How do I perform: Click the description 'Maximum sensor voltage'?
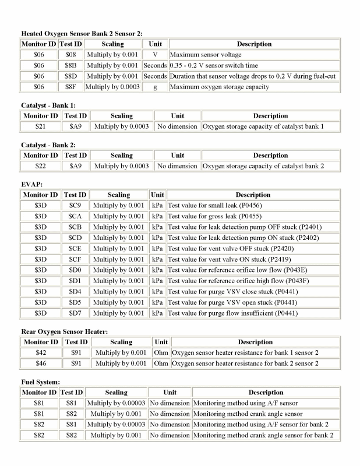tap(207, 55)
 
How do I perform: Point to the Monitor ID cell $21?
tap(40, 126)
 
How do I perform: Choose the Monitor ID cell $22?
tap(40, 166)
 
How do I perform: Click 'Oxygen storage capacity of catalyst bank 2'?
tap(263, 166)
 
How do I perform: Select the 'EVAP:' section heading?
tap(32, 184)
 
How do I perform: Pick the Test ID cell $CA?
tap(75, 216)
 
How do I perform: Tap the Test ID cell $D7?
tap(75, 313)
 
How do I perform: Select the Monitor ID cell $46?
tap(40, 363)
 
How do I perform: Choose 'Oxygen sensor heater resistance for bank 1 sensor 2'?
tap(245, 353)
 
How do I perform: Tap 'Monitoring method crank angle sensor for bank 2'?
tap(263, 435)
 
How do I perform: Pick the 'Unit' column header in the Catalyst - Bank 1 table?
tap(177, 116)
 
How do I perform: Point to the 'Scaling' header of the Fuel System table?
tap(116, 393)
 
